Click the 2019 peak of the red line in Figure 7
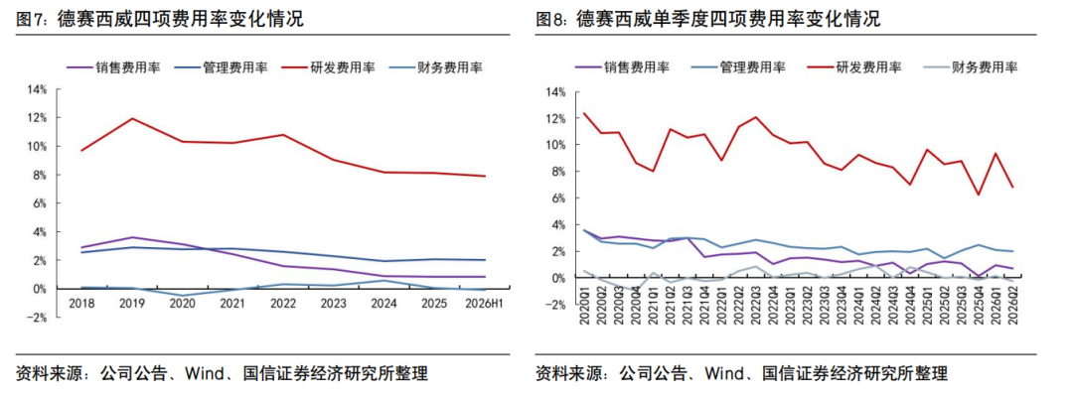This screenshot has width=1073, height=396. coord(131,118)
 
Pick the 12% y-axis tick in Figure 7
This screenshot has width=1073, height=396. coord(37,118)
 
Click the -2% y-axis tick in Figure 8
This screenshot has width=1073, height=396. coord(556,305)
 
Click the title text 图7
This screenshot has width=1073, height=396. coord(28,20)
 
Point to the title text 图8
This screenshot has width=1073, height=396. coord(548,20)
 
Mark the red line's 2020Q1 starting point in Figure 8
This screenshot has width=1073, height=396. coord(583,113)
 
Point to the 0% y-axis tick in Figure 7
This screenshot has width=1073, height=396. coord(40,289)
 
